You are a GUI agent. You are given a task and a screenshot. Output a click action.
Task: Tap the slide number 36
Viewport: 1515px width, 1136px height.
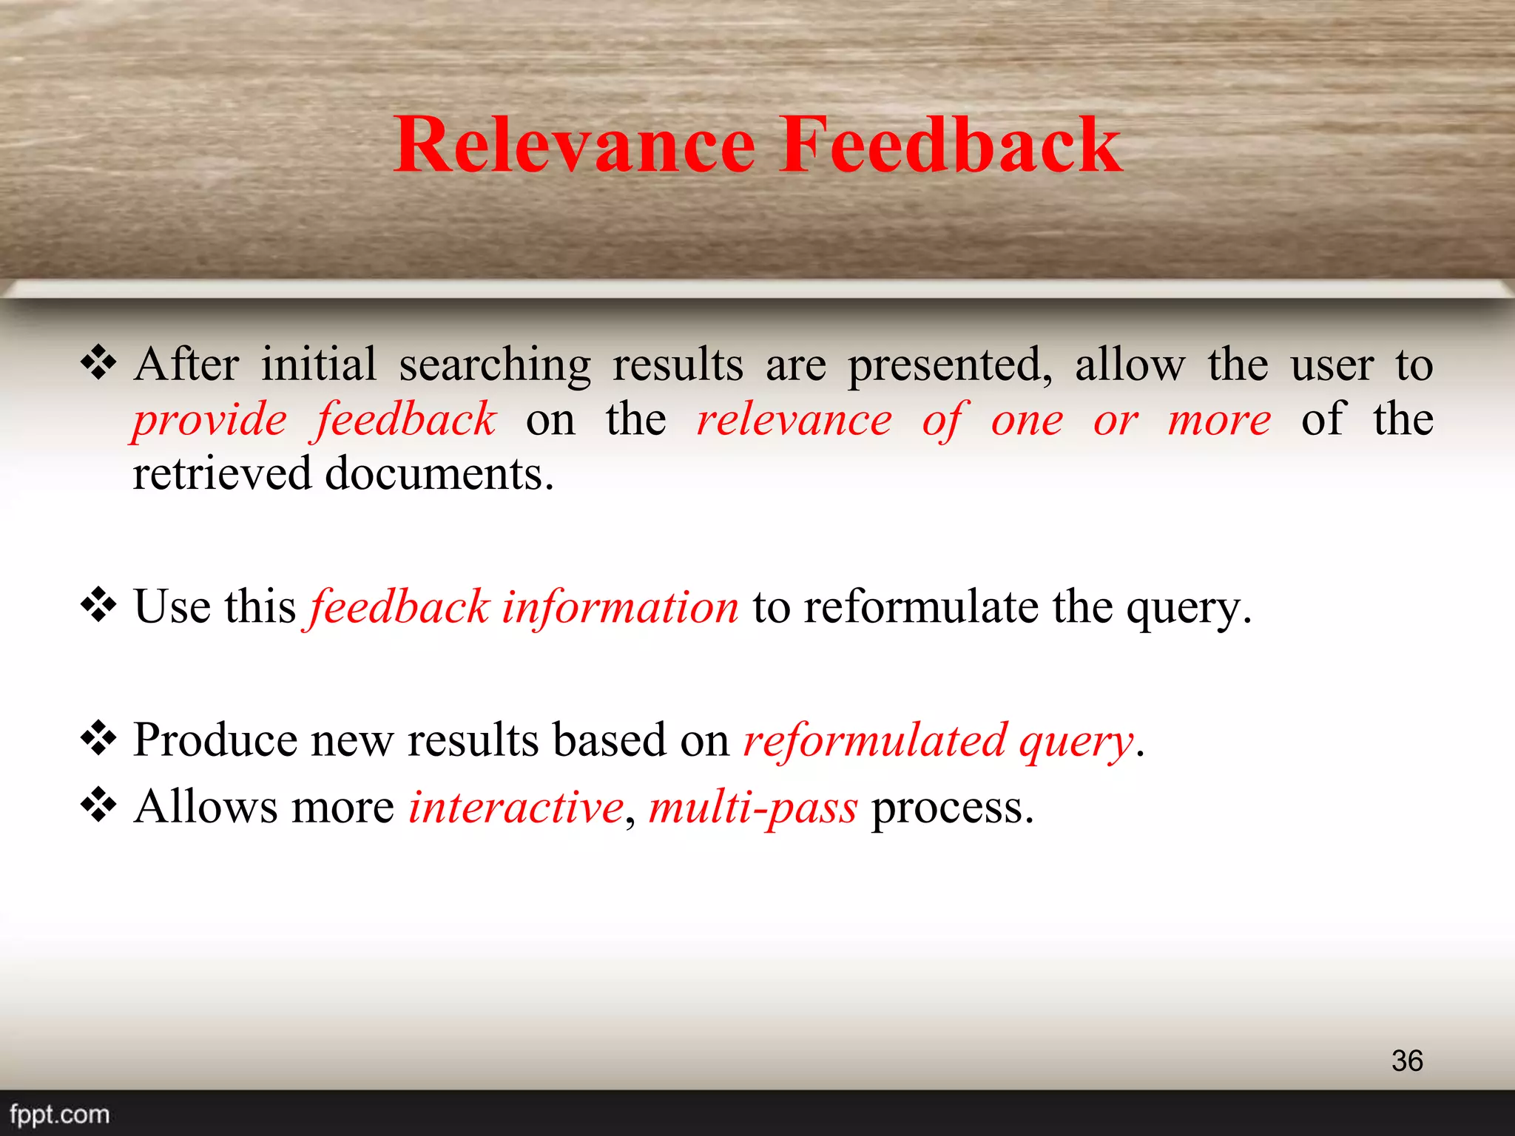click(1406, 1061)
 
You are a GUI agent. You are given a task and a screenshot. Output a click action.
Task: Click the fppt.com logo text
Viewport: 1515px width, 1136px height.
click(60, 1114)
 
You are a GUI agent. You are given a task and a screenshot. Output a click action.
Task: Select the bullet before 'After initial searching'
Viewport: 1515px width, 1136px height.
click(98, 363)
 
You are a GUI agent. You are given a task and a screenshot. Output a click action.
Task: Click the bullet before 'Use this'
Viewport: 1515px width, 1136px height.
click(98, 606)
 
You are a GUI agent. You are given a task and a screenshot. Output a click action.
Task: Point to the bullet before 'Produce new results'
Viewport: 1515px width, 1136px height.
click(98, 739)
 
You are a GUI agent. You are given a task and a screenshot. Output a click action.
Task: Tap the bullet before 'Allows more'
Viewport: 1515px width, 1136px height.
click(98, 805)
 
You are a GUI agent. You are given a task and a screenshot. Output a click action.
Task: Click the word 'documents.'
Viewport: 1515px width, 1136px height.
click(439, 474)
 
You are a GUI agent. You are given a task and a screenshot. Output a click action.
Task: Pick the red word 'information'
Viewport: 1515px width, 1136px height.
click(620, 607)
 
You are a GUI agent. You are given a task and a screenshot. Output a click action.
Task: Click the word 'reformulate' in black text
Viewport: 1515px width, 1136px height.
click(921, 607)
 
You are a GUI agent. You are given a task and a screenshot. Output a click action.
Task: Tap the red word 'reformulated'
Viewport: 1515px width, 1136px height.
click(874, 740)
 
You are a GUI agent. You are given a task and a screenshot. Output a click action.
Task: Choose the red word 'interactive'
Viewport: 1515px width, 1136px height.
click(516, 807)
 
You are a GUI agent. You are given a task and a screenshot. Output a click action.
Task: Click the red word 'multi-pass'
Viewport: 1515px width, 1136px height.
click(753, 807)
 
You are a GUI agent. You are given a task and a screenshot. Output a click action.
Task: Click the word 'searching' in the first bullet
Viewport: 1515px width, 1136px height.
click(495, 365)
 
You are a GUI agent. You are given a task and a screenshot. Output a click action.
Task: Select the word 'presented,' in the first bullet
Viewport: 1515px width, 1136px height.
click(950, 365)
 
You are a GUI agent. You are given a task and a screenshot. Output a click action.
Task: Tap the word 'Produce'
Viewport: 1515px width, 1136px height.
click(215, 740)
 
